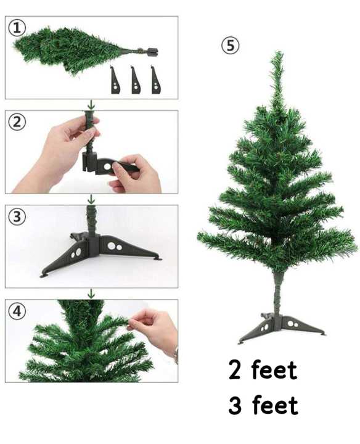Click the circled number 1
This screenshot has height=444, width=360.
point(18,28)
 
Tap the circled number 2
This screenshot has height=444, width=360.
point(18,121)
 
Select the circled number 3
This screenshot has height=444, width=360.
point(18,216)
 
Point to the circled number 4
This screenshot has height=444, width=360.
point(18,311)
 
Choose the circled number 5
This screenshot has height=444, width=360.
point(230,46)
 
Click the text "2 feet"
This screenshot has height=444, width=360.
point(263,371)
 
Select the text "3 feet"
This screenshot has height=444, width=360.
point(263,406)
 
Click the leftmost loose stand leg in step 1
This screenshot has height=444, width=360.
point(116,80)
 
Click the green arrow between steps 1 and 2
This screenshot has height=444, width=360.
point(91,105)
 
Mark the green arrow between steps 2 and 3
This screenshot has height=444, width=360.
point(91,199)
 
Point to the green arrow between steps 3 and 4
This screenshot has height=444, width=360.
point(91,294)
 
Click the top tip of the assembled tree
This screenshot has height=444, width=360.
point(276,55)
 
